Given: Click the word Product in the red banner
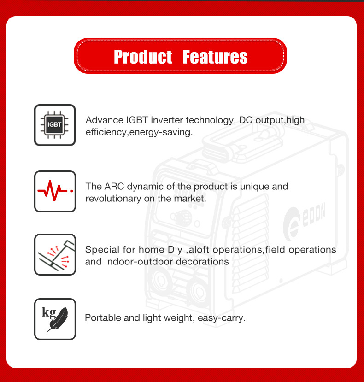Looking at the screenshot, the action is click(x=143, y=57).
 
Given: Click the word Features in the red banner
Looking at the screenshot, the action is click(x=215, y=57).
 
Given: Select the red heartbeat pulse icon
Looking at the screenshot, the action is click(x=55, y=191).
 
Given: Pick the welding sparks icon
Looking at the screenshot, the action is click(x=55, y=254).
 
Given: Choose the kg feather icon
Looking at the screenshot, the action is click(x=55, y=319).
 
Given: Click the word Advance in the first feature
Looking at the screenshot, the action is click(x=105, y=120).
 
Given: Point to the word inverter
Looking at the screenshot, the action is click(x=167, y=120).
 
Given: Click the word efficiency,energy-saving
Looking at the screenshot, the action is click(x=139, y=132).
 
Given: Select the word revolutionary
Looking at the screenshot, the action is click(x=113, y=199).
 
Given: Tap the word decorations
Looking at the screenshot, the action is click(x=202, y=262).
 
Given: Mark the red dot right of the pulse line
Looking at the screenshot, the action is click(x=72, y=191).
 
